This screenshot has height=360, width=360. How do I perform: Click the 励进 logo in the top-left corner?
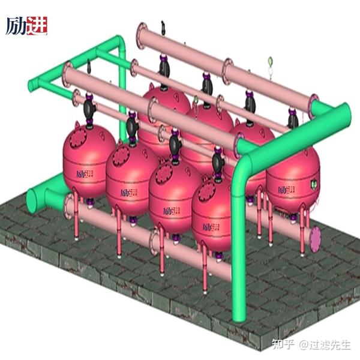pyautogui.click(x=26, y=26)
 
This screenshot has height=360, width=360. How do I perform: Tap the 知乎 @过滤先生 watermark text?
pyautogui.click(x=311, y=344)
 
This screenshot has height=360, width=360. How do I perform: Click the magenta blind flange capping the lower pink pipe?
pyautogui.click(x=315, y=239)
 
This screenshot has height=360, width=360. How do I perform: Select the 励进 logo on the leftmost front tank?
pyautogui.click(x=85, y=174)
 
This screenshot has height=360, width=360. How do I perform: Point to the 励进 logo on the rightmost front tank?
pyautogui.click(x=211, y=227)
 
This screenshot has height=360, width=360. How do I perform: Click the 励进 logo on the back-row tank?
pyautogui.click(x=286, y=190)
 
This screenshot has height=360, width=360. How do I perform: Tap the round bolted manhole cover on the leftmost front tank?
pyautogui.click(x=78, y=138)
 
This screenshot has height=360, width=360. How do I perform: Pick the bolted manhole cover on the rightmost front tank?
pyautogui.click(x=206, y=191)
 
